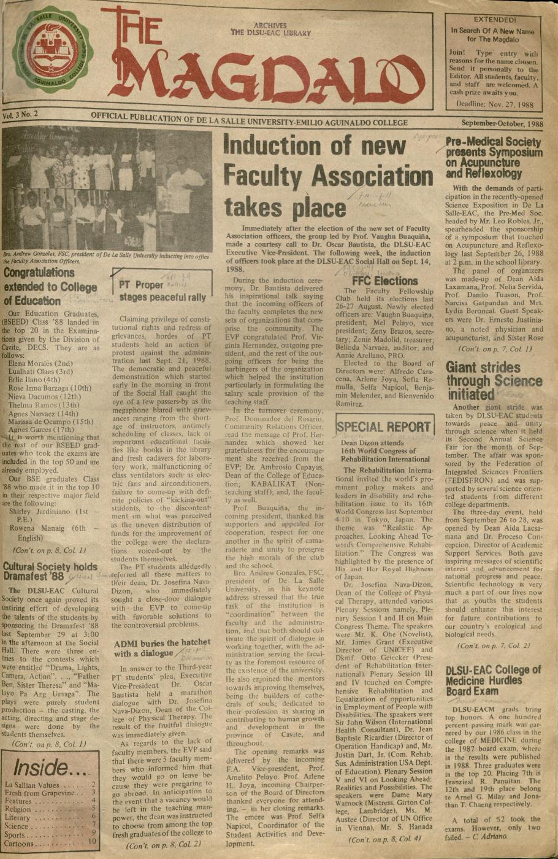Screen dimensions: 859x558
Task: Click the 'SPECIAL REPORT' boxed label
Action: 384,426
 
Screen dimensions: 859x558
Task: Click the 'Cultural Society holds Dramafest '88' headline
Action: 50,571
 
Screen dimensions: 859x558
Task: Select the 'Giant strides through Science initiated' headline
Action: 494,380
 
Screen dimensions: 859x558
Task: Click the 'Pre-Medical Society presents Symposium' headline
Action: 494,157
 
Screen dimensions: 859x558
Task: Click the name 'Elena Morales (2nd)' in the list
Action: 40,363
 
